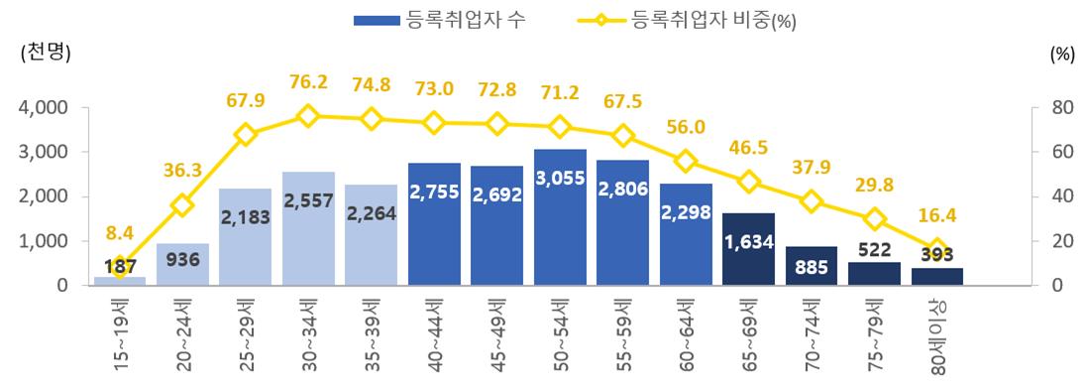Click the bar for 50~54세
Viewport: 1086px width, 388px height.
tap(560, 218)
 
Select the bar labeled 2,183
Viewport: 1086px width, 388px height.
tap(246, 238)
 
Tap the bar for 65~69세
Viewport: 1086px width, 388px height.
tap(749, 250)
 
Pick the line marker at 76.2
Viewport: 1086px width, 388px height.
tap(308, 116)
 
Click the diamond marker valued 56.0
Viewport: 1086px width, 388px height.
tap(686, 161)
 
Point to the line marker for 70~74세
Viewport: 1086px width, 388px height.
tap(812, 201)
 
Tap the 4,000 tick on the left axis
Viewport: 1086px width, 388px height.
tap(43, 107)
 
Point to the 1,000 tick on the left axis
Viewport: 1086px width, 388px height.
tap(43, 241)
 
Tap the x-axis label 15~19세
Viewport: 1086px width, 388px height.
tap(120, 332)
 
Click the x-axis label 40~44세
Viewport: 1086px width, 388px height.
tap(434, 332)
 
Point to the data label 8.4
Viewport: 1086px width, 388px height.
tap(120, 233)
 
